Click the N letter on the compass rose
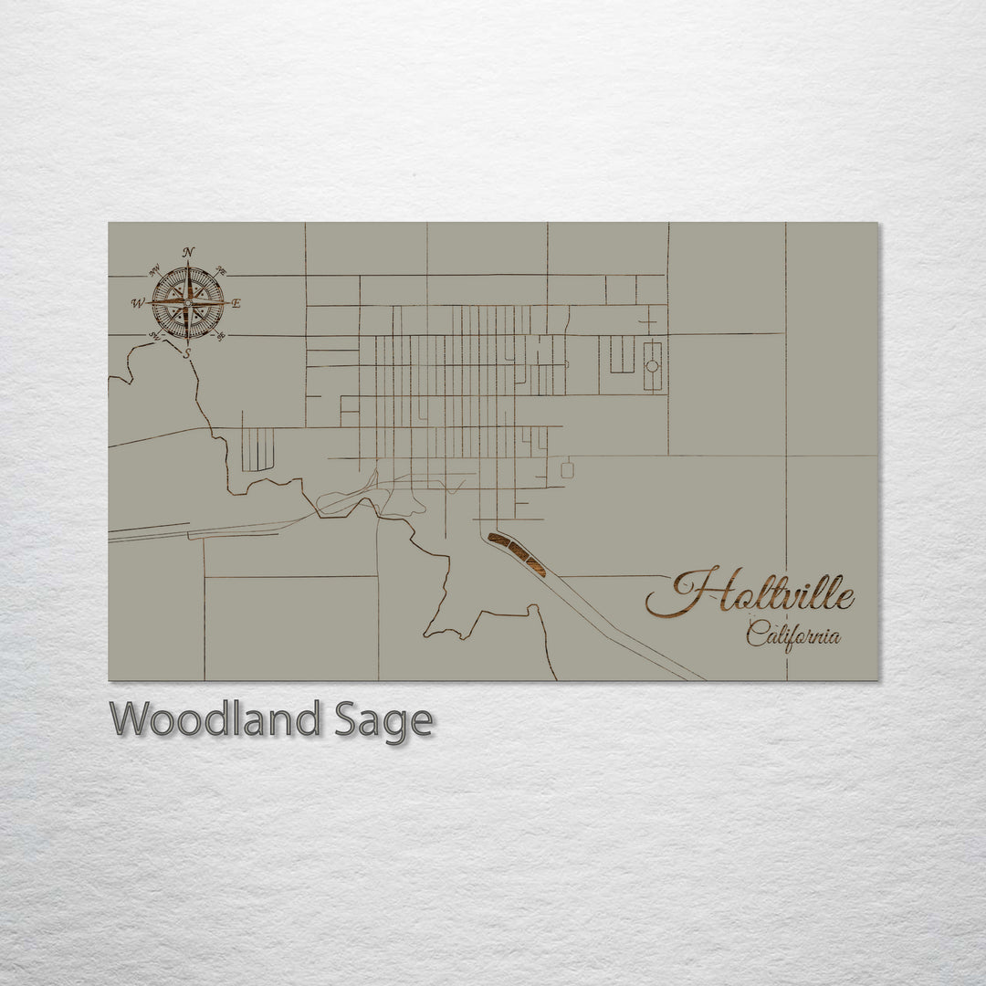click(x=188, y=253)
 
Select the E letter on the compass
click(x=236, y=304)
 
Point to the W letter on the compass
click(x=138, y=302)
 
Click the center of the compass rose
click(x=187, y=302)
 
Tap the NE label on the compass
click(x=220, y=269)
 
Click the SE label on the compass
click(x=221, y=336)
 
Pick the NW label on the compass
click(x=154, y=269)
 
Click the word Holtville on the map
click(x=750, y=596)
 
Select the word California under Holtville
click(x=793, y=635)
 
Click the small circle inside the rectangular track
click(x=653, y=366)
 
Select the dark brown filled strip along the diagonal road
click(x=517, y=553)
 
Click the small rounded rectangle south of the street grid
click(x=567, y=470)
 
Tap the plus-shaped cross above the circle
click(x=647, y=321)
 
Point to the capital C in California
click(x=756, y=633)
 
